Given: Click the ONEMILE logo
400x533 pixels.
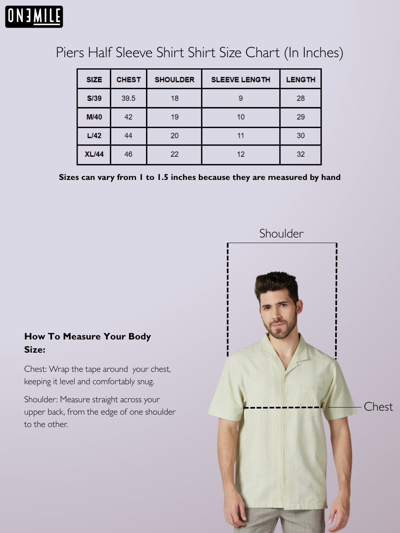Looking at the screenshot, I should [34, 17].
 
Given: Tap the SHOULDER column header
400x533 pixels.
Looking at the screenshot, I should [174, 80].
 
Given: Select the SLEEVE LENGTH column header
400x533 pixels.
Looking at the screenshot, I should [240, 80].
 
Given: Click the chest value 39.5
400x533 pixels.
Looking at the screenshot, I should [128, 98].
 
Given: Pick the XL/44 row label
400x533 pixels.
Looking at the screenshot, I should [94, 154].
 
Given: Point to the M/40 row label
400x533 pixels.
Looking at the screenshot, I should [94, 117].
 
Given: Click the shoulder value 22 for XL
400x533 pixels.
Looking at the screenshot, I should [174, 154].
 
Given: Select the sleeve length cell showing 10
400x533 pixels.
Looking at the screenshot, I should [240, 117].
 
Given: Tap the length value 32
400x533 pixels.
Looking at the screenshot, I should [300, 154].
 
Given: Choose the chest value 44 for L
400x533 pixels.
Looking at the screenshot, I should [128, 136].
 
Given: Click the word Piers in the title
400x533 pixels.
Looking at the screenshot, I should [70, 53].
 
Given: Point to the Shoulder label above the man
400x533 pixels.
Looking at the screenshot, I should [281, 234].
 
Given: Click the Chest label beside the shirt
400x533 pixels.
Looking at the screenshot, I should [378, 407].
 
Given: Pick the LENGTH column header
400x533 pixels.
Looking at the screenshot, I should [300, 80].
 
